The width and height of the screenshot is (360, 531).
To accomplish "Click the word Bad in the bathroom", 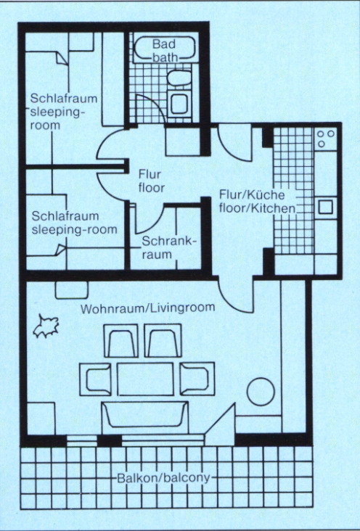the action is [x=164, y=44].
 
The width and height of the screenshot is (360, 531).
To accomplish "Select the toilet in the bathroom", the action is [x=179, y=79].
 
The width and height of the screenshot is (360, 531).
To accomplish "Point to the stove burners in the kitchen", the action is [x=325, y=139].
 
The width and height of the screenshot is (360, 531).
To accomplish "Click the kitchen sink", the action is [x=325, y=207].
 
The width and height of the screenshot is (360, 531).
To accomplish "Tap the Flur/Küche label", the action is [x=252, y=194].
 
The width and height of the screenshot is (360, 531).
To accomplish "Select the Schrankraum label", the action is [x=169, y=248].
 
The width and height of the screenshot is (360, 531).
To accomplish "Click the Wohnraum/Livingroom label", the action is [x=148, y=308].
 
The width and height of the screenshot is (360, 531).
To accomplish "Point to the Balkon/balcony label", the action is [x=163, y=478].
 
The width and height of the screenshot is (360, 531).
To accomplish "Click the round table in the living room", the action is [x=261, y=392].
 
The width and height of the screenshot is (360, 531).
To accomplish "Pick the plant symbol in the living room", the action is [x=46, y=326].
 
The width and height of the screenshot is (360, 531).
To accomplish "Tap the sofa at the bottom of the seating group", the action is [x=145, y=416].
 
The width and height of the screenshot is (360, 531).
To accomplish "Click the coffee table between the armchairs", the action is [x=145, y=379].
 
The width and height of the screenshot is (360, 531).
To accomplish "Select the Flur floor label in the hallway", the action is [x=151, y=181].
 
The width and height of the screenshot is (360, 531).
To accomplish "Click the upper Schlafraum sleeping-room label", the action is [x=63, y=112].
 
